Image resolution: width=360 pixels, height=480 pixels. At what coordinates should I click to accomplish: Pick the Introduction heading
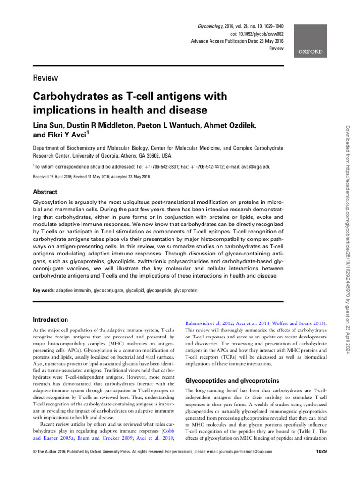point(51,319)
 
